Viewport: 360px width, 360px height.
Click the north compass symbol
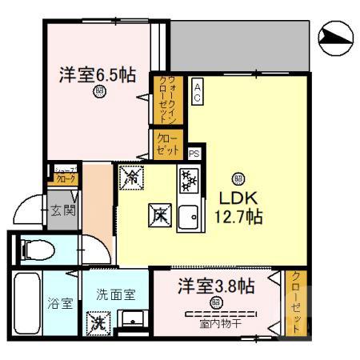(336, 35)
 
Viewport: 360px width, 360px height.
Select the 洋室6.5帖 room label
(96, 76)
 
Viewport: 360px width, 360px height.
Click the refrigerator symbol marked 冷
(131, 177)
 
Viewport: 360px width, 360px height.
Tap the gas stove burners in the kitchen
(189, 181)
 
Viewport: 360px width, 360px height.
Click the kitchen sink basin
(189, 216)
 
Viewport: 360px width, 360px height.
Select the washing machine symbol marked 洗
(98, 323)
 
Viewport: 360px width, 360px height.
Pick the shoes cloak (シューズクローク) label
(63, 176)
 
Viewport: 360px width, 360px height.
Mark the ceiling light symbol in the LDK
(238, 178)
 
